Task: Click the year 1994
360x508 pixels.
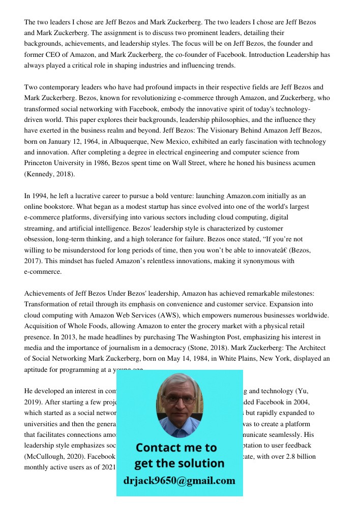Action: [39, 196]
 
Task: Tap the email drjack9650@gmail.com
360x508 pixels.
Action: [179, 481]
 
